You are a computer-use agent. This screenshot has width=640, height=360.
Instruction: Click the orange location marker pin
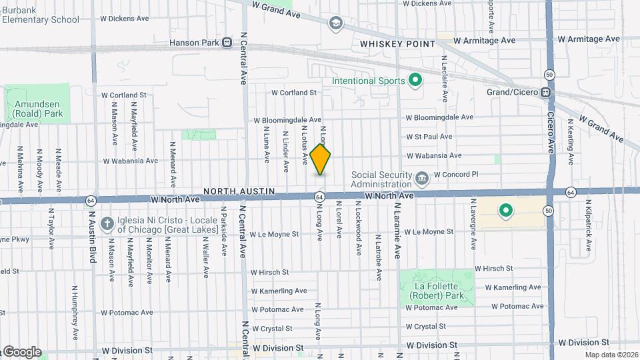[x=321, y=160]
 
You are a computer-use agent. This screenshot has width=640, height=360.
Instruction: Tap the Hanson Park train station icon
[x=227, y=43]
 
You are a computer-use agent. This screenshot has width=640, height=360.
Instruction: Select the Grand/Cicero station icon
[x=545, y=92]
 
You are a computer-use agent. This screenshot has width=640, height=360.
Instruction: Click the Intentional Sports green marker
[x=416, y=81]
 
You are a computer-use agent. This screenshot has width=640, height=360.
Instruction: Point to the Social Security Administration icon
[x=421, y=179]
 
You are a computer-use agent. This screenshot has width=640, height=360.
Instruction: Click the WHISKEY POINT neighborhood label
[x=397, y=44]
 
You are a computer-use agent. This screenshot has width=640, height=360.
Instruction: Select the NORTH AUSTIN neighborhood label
[x=239, y=191]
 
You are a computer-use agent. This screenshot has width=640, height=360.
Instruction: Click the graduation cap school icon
[x=335, y=24]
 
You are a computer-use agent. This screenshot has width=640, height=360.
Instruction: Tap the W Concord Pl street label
[x=457, y=175]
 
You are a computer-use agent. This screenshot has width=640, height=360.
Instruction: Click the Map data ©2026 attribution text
[x=611, y=354]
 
